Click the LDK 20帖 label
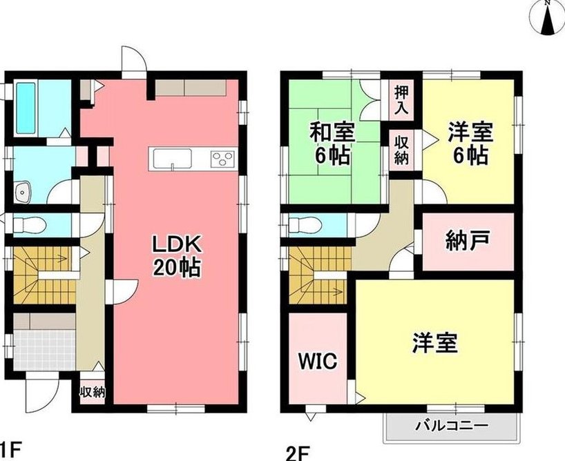177,256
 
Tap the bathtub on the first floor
26,108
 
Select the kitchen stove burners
223,159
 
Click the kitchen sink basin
173,159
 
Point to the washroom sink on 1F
23,192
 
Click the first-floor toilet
30,226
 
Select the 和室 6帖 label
333,144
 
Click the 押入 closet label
401,100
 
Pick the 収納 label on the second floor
401,151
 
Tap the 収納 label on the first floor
93,392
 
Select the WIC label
318,360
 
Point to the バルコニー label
450,426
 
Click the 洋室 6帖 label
470,144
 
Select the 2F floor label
298,452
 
